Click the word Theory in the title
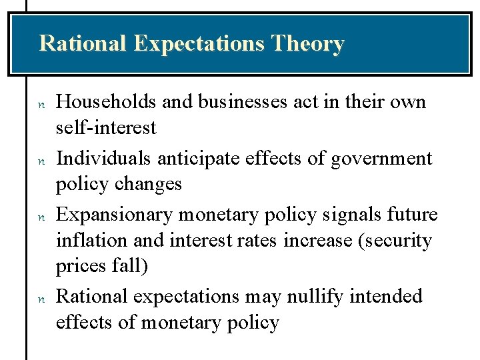(308, 44)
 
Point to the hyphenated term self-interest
(106, 127)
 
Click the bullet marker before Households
(41, 105)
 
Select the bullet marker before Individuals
(41, 161)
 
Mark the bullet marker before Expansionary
(41, 217)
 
